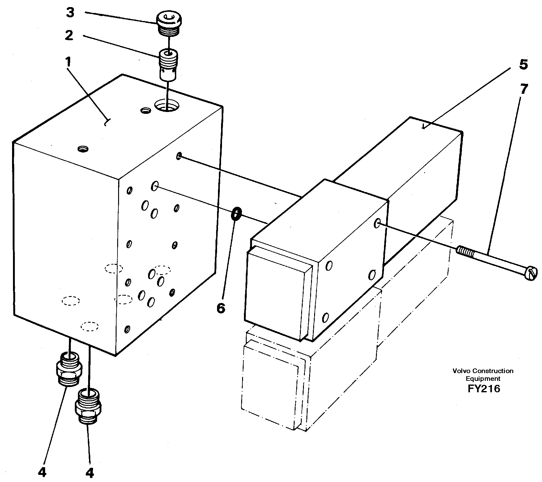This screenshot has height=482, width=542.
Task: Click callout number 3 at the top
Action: (x=70, y=13)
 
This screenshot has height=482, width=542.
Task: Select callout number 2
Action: (x=69, y=36)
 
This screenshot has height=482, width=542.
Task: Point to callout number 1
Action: (x=68, y=63)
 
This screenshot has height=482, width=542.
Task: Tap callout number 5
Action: (x=523, y=65)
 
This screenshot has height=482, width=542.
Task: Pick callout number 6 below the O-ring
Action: (x=220, y=308)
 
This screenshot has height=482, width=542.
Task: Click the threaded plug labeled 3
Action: (x=169, y=24)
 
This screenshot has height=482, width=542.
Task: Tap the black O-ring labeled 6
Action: (x=237, y=214)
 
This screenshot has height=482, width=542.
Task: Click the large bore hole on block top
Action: (x=167, y=105)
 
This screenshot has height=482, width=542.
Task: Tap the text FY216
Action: (x=484, y=389)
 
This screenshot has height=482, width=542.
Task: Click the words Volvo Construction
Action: (x=483, y=371)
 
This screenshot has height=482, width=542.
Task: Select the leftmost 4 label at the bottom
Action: (x=42, y=472)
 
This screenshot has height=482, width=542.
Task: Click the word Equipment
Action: (x=483, y=379)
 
